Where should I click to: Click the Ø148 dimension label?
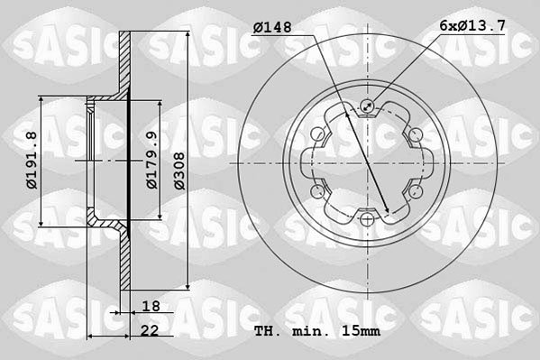[272, 28]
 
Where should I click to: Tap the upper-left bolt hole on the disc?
[318, 135]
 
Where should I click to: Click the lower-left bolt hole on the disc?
[318, 191]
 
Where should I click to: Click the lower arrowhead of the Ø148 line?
[388, 215]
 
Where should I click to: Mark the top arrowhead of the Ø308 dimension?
[187, 34]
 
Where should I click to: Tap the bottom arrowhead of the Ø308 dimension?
[187, 292]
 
